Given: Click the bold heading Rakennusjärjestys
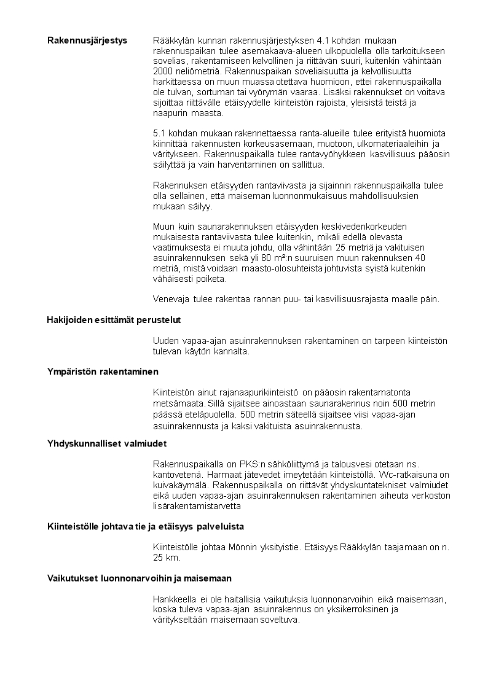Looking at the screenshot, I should tap(87, 41).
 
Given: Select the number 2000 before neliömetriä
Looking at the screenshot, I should tap(163, 71).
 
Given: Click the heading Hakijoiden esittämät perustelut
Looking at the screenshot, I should tap(114, 320).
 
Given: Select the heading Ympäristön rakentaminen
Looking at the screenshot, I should tap(103, 372).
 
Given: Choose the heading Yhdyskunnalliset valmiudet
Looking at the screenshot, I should tap(108, 443).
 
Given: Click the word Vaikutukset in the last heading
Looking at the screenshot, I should tap(71, 578).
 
